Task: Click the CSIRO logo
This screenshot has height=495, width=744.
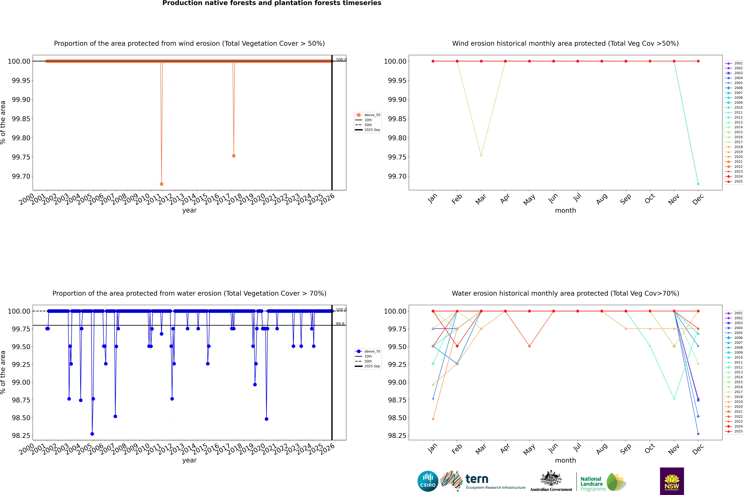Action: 428,481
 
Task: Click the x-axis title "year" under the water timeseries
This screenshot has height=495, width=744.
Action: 189,460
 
